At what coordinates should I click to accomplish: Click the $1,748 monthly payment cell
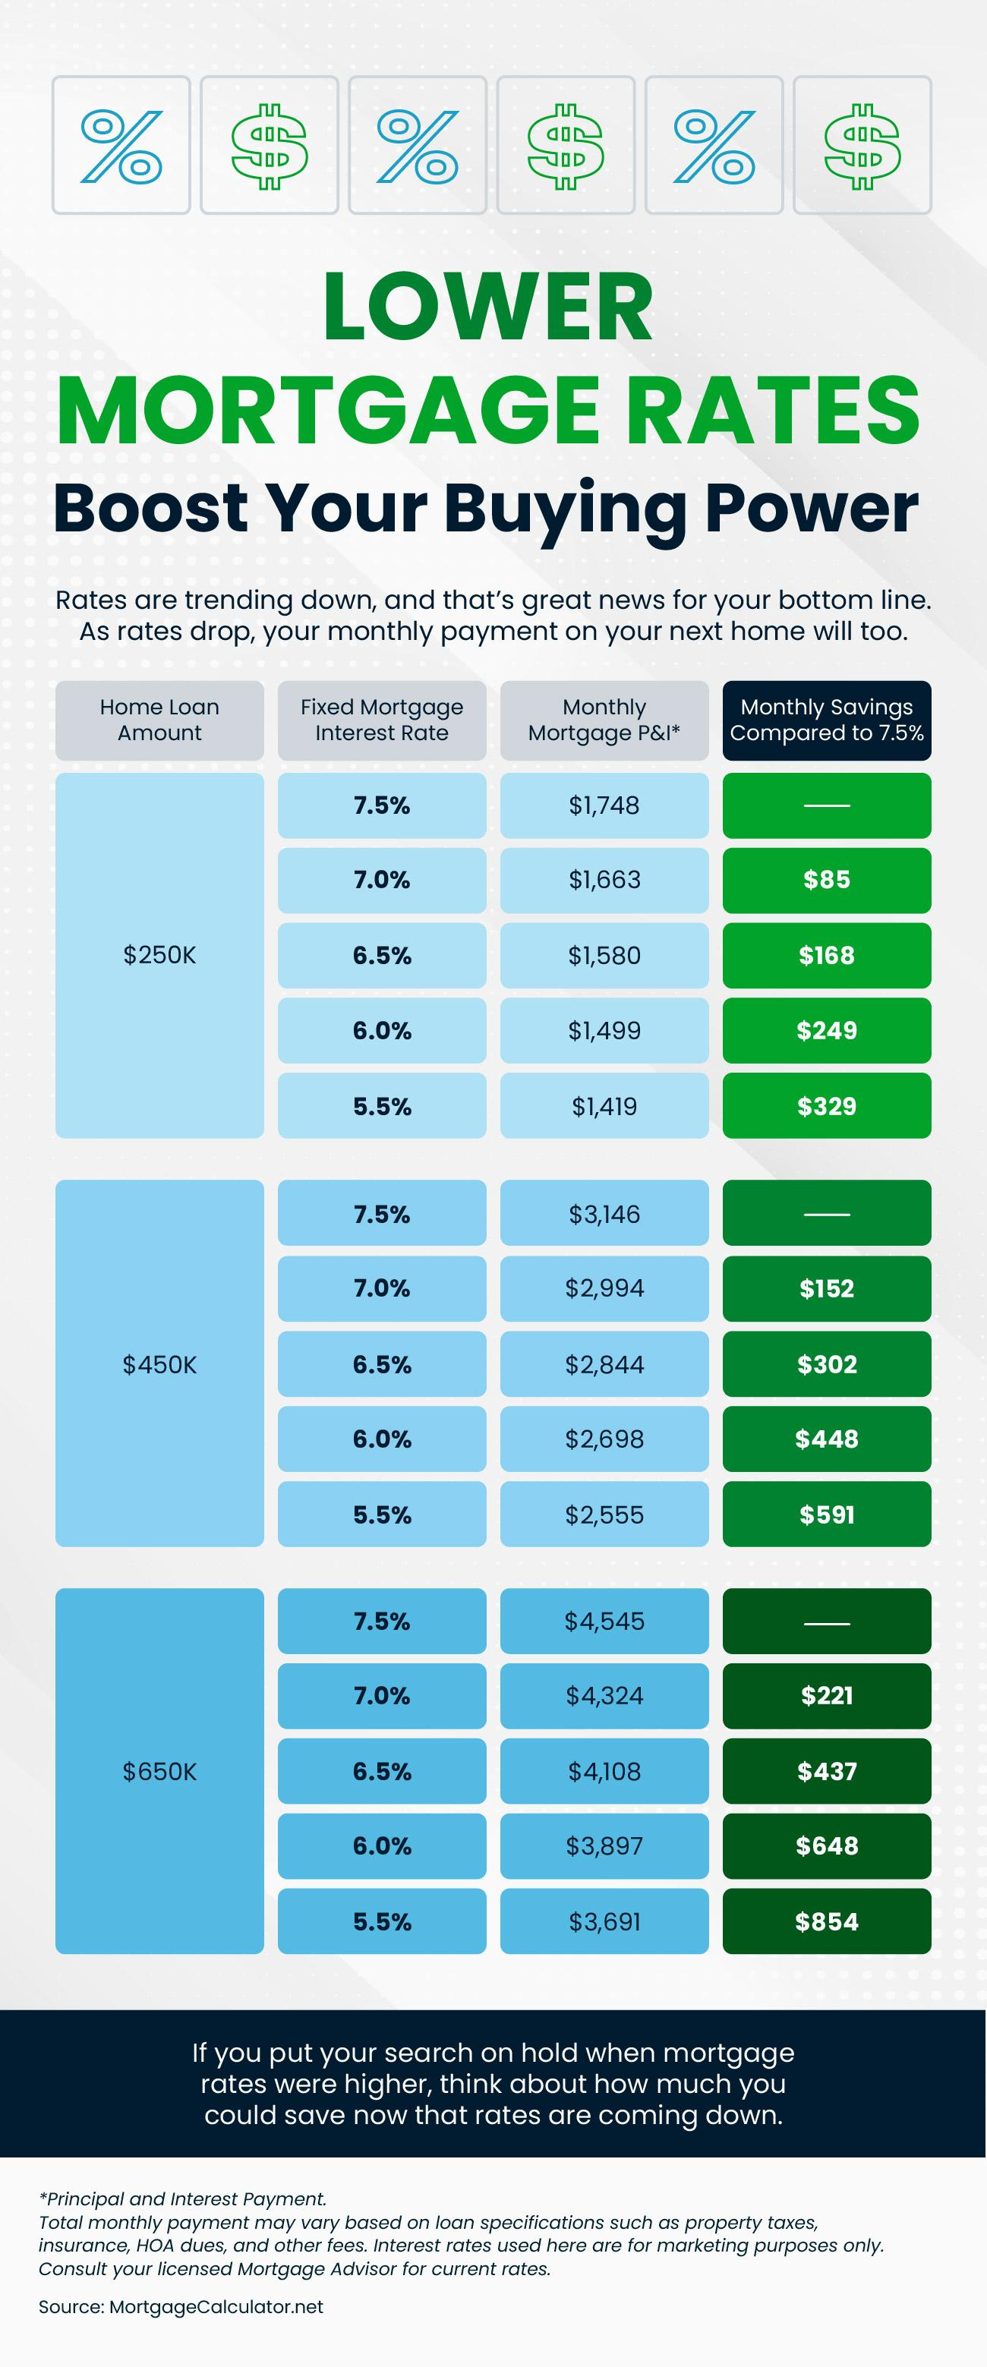(x=604, y=805)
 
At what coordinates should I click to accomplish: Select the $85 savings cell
(x=826, y=879)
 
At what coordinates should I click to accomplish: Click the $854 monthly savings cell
(x=826, y=1921)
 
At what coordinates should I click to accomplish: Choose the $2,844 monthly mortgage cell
(x=604, y=1363)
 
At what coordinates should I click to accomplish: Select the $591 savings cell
(x=826, y=1514)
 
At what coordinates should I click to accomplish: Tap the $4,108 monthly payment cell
(x=604, y=1770)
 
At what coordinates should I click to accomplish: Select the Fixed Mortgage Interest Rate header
(x=381, y=720)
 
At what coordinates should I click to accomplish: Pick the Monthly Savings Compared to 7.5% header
(x=826, y=720)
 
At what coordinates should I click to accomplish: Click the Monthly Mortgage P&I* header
(x=604, y=720)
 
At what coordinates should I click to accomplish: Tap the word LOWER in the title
(x=488, y=307)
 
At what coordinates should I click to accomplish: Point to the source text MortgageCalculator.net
(x=216, y=2306)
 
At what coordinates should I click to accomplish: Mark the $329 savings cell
(x=826, y=1105)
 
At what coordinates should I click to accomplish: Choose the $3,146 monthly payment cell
(x=604, y=1214)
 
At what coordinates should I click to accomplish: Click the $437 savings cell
(x=826, y=1770)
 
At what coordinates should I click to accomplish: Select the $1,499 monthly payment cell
(x=604, y=1030)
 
